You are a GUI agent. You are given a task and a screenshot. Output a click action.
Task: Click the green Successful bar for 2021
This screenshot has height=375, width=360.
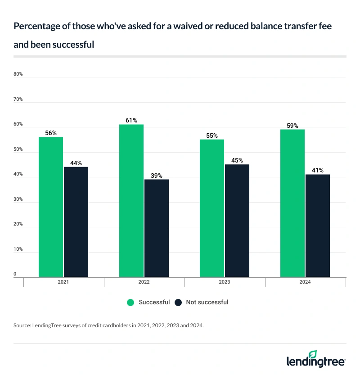click(50, 207)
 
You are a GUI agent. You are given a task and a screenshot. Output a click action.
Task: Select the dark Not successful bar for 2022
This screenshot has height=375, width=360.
click(156, 228)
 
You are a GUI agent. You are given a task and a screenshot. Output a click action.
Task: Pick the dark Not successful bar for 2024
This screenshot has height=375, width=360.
click(317, 226)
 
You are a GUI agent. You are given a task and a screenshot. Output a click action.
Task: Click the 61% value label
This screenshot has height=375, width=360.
click(131, 120)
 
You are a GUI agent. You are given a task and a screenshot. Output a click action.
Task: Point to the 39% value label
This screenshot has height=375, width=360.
click(157, 176)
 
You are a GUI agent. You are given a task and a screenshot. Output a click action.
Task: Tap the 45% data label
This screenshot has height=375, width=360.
click(237, 160)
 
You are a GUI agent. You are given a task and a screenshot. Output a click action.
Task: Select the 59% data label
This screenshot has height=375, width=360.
click(292, 126)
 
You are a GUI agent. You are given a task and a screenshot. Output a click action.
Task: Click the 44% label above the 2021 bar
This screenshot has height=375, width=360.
click(76, 163)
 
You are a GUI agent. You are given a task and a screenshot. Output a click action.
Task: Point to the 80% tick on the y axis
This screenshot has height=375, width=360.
click(18, 74)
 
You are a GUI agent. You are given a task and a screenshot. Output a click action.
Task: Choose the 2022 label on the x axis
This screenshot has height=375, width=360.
click(144, 283)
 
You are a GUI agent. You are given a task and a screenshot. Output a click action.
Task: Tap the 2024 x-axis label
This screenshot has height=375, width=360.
click(305, 283)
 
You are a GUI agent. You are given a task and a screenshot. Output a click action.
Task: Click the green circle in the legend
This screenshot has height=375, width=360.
click(131, 303)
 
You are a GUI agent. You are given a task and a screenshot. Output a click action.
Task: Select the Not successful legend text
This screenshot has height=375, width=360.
click(207, 303)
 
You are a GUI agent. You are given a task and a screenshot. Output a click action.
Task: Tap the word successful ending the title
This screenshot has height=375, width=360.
click(71, 45)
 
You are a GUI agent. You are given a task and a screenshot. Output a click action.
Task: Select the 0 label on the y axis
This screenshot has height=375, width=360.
click(15, 274)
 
